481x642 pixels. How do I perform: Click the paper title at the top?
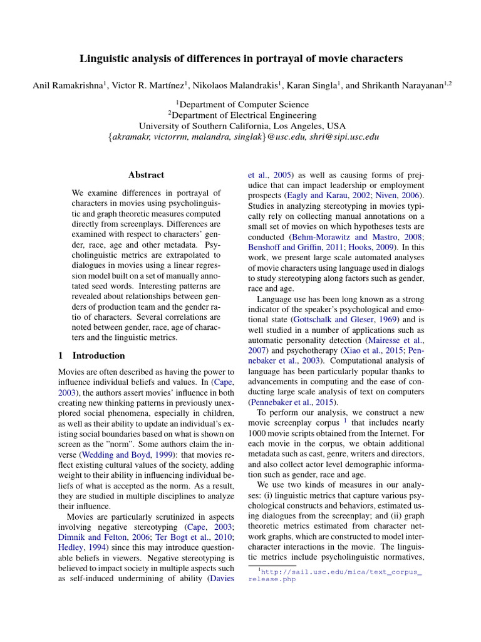pos(241,59)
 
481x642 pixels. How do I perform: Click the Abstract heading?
pos(146,175)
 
